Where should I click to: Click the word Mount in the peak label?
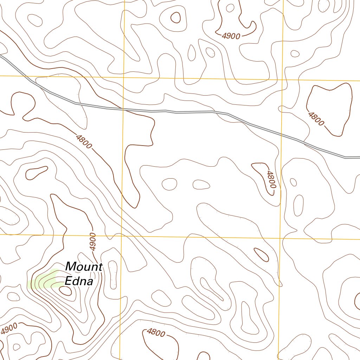[x=84, y=267]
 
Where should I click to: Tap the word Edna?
[x=79, y=281]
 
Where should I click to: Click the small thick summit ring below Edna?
[x=65, y=290]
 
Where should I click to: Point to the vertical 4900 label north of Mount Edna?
[x=92, y=242]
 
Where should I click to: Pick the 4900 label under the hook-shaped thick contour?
[x=231, y=36]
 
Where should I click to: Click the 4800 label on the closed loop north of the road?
[x=316, y=118]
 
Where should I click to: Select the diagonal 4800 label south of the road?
[x=84, y=141]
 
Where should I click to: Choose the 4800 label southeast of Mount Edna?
[x=155, y=332]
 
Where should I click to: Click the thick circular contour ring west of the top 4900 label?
[x=175, y=17]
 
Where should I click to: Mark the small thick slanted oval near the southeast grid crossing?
[x=261, y=255]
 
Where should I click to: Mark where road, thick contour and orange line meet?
[x=123, y=109]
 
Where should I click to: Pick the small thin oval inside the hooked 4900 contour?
[x=231, y=8]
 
